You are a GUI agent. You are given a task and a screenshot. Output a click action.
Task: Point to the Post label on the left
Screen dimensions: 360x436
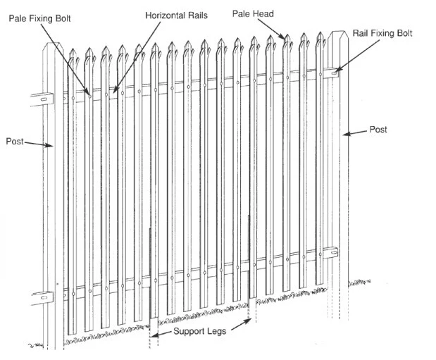(x=15, y=141)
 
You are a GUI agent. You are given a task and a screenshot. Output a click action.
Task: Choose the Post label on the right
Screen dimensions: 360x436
(x=378, y=130)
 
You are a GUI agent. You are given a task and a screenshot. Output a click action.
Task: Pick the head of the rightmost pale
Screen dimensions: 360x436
(x=320, y=37)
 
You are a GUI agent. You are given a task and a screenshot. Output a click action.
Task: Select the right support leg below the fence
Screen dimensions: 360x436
(x=249, y=310)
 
